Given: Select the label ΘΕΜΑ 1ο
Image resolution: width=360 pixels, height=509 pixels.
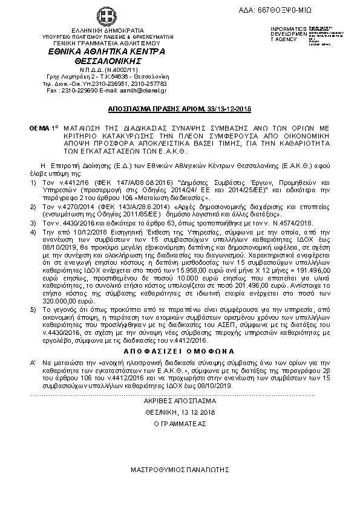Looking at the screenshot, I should point(42,129).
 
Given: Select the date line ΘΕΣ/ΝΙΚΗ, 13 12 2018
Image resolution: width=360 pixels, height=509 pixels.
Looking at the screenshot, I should point(180,412).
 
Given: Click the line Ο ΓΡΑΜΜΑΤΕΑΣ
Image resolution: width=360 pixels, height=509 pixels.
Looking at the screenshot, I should point(180,424).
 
